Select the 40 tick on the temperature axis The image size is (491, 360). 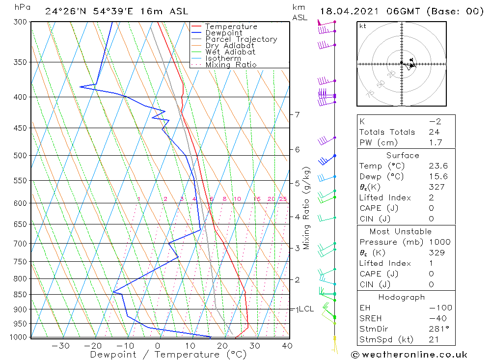(287, 346)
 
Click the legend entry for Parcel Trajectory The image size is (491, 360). (241, 39)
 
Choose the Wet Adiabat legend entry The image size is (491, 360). (230, 52)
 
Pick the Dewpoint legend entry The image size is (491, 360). (224, 33)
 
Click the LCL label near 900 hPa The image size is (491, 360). (306, 309)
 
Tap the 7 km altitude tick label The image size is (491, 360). (297, 114)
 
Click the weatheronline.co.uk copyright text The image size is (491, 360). (409, 355)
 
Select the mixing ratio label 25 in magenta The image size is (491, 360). (283, 199)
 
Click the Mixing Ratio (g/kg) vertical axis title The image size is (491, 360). (307, 208)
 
